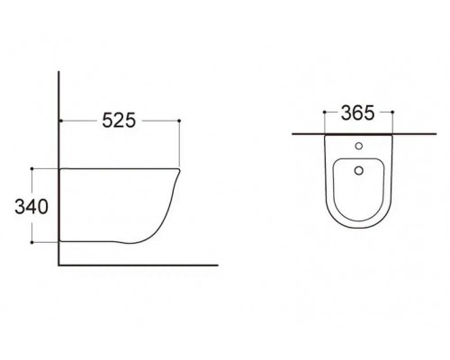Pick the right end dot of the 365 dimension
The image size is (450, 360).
click(392, 112)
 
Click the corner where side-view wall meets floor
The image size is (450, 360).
click(59, 265)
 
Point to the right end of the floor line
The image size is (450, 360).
click(219, 265)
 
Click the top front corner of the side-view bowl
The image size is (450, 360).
click(181, 168)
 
